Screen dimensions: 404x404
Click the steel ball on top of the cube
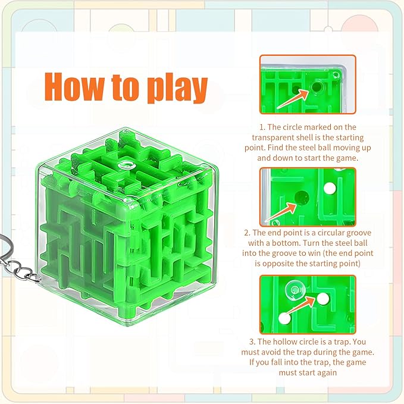[x=127, y=166]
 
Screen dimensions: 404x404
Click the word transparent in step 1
[x=281, y=137]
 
